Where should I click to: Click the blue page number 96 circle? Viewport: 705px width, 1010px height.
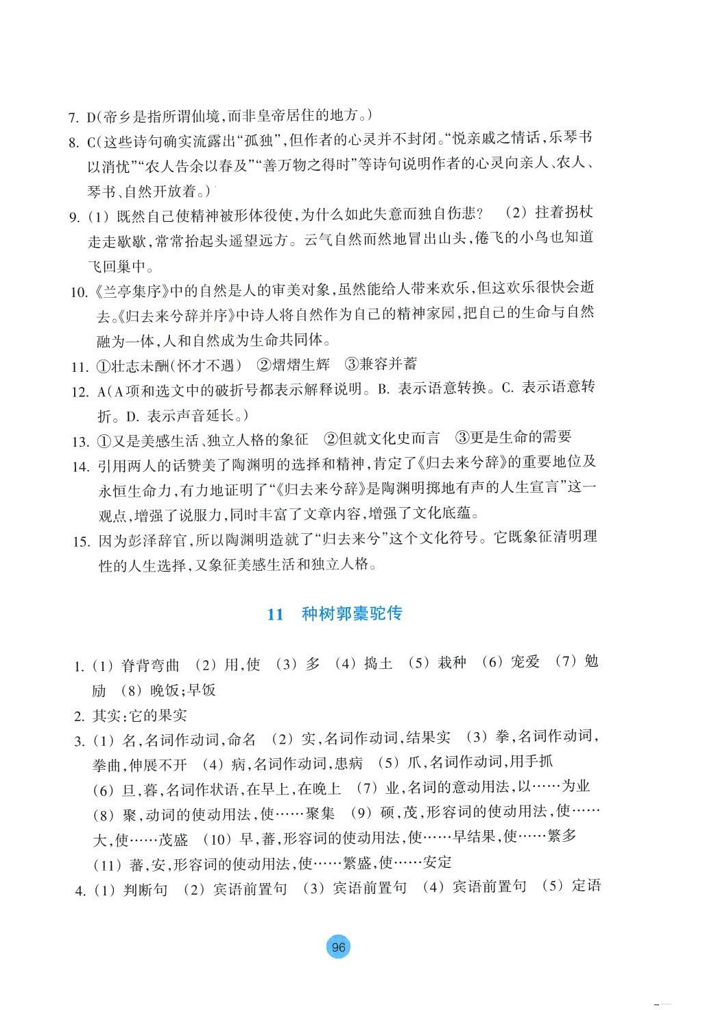[x=338, y=948]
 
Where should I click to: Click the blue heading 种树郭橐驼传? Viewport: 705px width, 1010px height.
[x=352, y=613]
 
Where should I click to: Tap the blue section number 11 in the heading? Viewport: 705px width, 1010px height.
[x=275, y=614]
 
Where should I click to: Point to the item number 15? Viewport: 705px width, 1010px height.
[x=81, y=541]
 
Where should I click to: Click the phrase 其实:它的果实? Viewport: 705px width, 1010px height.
[x=139, y=716]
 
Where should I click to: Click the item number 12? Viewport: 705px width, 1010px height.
[x=80, y=392]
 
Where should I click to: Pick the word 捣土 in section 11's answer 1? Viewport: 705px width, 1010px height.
[x=378, y=663]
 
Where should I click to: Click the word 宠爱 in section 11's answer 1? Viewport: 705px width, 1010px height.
[x=525, y=661]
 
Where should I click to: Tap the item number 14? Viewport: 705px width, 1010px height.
[x=81, y=467]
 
